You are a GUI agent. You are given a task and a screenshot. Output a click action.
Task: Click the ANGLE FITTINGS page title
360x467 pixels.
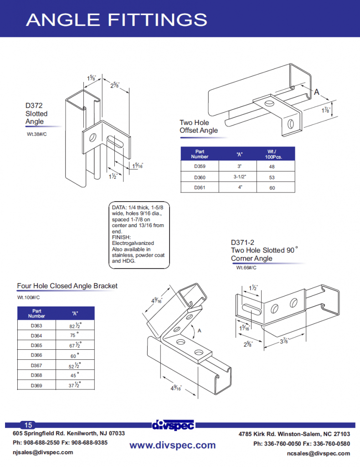coord(117,19)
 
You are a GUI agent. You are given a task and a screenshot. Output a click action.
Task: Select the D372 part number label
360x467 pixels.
coord(34,106)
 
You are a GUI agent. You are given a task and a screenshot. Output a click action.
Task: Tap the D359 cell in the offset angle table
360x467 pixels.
coord(199,166)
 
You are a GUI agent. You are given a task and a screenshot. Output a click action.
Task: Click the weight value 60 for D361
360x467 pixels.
coord(272,187)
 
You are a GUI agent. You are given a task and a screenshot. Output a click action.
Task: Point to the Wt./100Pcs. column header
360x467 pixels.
coord(274,154)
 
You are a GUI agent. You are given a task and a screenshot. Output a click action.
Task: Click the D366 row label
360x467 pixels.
coord(36,355)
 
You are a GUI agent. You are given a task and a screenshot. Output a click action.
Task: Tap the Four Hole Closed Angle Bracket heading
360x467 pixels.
coord(67,286)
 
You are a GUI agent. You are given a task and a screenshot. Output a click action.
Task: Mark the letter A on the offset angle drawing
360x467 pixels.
coord(316,92)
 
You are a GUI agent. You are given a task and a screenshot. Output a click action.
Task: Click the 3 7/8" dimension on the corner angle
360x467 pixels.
coord(283,341)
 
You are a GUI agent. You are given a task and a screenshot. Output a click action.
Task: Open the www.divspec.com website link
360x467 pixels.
coord(172,445)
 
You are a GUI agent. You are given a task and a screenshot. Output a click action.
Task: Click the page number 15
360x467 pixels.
coord(28,425)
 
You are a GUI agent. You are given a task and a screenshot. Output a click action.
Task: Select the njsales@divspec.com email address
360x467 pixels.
coord(43,452)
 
